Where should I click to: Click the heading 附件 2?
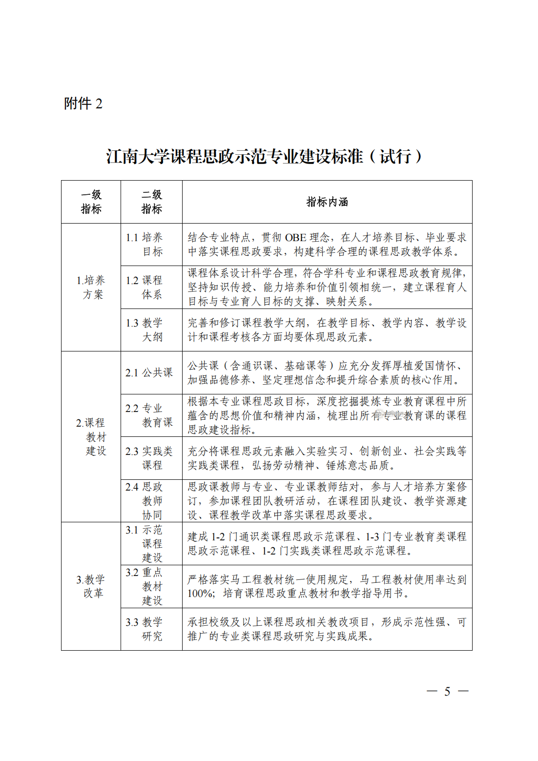pyautogui.click(x=83, y=103)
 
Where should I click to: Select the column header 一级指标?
pyautogui.click(x=91, y=202)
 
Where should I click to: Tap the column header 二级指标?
pyautogui.click(x=151, y=202)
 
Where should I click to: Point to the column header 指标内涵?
pyautogui.click(x=327, y=202)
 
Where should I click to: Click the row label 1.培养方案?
pyautogui.click(x=91, y=287)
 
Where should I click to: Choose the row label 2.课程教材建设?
pyautogui.click(x=91, y=436)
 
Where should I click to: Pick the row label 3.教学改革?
pyautogui.click(x=91, y=586)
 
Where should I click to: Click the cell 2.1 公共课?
pyautogui.click(x=149, y=372)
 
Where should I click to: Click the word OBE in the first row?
pyautogui.click(x=295, y=238)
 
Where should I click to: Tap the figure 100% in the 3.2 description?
pyautogui.click(x=200, y=594)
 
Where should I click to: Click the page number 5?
pyautogui.click(x=447, y=691)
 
